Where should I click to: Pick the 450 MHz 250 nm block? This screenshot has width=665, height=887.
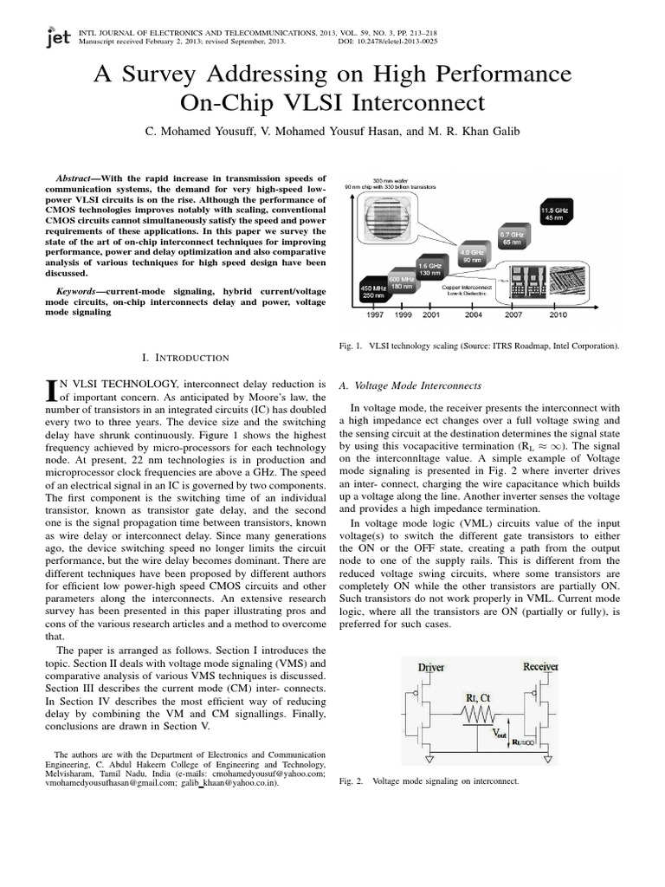[371, 291]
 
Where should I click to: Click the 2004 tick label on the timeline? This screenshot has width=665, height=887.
[473, 315]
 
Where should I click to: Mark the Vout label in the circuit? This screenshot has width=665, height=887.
[501, 734]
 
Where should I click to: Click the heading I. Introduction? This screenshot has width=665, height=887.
[184, 357]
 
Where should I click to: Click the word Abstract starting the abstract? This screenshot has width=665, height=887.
[74, 177]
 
